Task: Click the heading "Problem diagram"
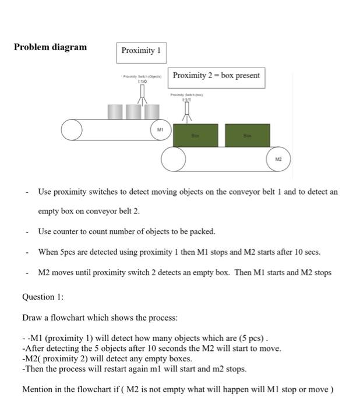click(x=50, y=47)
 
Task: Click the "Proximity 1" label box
click(x=140, y=51)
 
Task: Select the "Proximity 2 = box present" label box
click(x=216, y=76)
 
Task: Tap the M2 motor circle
click(x=278, y=159)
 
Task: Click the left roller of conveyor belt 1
click(x=72, y=130)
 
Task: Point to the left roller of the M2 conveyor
click(x=173, y=159)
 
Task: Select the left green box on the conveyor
click(x=196, y=135)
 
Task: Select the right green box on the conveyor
click(x=247, y=135)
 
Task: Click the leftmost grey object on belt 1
click(x=115, y=112)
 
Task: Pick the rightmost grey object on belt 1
click(x=151, y=112)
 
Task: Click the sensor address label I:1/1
click(x=186, y=99)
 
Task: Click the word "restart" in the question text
click(x=103, y=369)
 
